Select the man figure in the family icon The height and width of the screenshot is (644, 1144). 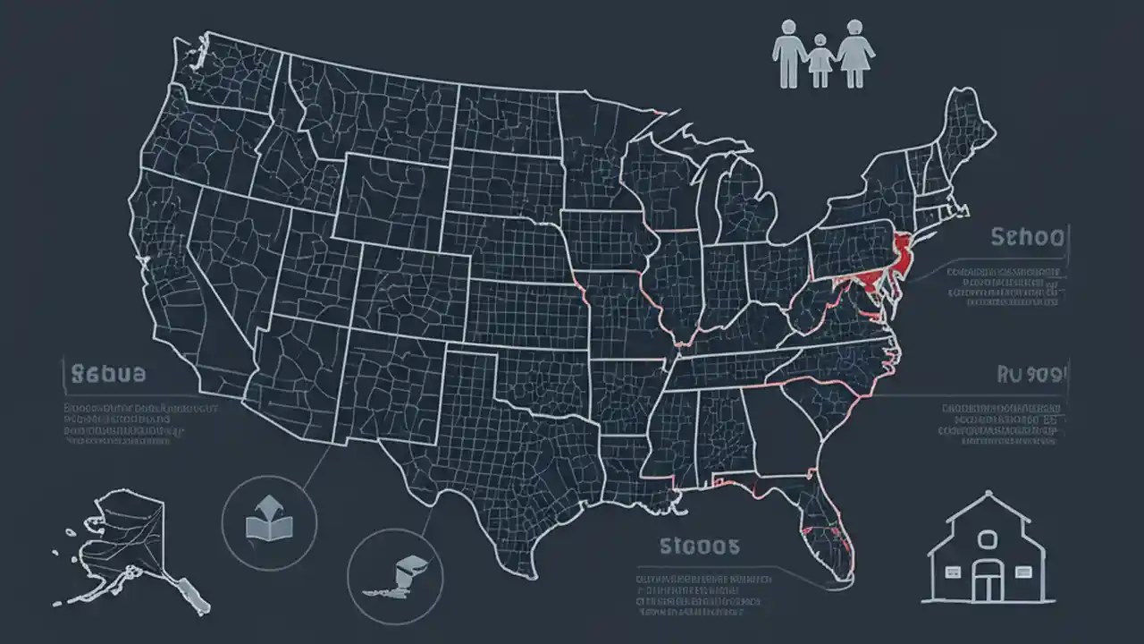tap(787, 54)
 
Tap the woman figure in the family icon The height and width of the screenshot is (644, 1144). tap(855, 54)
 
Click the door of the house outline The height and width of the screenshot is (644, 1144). tap(987, 584)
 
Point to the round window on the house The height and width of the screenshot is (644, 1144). tap(987, 539)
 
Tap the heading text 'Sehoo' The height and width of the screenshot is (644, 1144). tap(1028, 237)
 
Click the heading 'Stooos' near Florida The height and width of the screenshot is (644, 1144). tap(699, 546)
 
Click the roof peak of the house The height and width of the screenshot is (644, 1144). tap(987, 494)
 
